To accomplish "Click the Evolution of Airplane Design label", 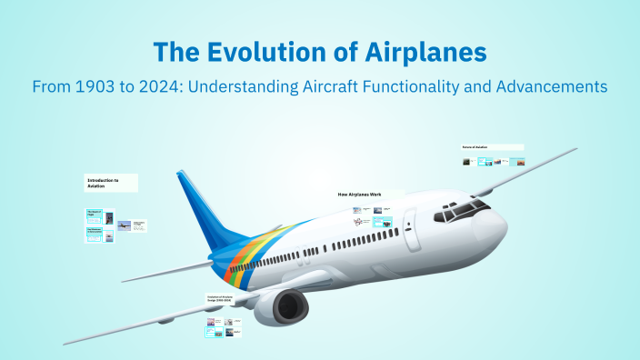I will (x=227, y=299).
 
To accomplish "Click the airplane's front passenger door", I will (x=410, y=222).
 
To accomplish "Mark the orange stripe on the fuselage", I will (x=238, y=261).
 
